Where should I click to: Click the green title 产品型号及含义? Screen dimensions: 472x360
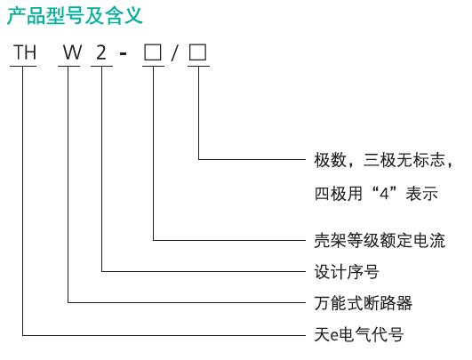point(75,16)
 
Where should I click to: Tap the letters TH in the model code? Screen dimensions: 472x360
point(25,52)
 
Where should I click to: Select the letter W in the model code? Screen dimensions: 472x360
point(72,52)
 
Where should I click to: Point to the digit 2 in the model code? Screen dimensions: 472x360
point(101,52)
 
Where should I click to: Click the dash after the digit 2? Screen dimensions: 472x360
point(124,54)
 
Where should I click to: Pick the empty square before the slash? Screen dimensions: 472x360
point(153,52)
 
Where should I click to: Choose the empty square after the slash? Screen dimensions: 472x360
point(197,52)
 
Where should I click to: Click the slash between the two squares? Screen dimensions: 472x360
point(174,52)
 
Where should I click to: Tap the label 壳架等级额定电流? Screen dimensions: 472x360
point(380,241)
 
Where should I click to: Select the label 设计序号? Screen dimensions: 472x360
point(347,271)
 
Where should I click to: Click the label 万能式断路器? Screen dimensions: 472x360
point(364,303)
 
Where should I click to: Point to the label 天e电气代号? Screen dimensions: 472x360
point(359,334)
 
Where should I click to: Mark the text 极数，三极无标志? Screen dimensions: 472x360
point(380,160)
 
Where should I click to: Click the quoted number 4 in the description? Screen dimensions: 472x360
point(384,194)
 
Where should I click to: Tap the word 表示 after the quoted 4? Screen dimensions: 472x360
point(421,194)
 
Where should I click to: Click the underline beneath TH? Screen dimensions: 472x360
point(23,66)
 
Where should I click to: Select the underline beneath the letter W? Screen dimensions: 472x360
point(69,66)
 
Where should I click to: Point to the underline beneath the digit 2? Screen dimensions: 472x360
point(101,66)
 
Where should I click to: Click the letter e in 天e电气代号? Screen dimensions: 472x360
point(334,336)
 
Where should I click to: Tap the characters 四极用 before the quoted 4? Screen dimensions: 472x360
point(339,194)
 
